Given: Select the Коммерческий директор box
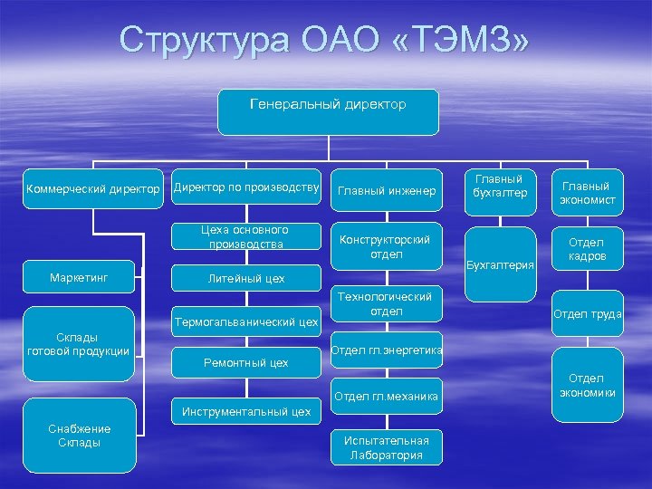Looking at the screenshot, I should pyautogui.click(x=93, y=190).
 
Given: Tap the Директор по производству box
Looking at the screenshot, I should pyautogui.click(x=246, y=188).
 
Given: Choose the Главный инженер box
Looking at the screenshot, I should pyautogui.click(x=387, y=191).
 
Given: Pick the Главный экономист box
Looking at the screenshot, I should pyautogui.click(x=587, y=192).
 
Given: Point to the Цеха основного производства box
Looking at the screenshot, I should pyautogui.click(x=246, y=237).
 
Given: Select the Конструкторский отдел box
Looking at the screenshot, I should pyautogui.click(x=387, y=246).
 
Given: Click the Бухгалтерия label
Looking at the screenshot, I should pyautogui.click(x=500, y=265).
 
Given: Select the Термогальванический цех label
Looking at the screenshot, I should pyautogui.click(x=246, y=321).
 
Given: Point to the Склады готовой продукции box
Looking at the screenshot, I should pyautogui.click(x=79, y=344).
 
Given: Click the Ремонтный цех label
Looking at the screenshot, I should pyautogui.click(x=246, y=362).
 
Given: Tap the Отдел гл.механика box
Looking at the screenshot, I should pyautogui.click(x=387, y=396).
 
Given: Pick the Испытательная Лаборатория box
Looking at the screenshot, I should pyautogui.click(x=387, y=447).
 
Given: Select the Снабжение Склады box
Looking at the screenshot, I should pyautogui.click(x=79, y=436).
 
